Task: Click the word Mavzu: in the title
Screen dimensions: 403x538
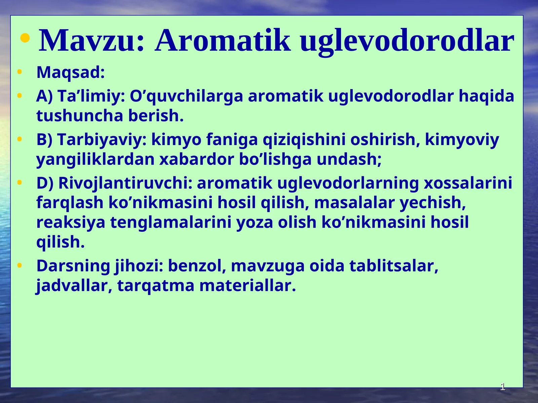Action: coord(92,41)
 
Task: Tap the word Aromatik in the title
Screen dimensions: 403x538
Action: coord(223,41)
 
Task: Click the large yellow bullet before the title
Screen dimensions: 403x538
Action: coord(25,38)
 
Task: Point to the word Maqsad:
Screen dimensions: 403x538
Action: coord(71,73)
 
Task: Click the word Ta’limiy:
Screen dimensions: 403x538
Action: coord(91,96)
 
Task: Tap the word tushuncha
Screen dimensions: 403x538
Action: coord(80,116)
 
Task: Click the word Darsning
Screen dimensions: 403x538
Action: coord(73,266)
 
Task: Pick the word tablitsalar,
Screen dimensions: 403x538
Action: coord(394,266)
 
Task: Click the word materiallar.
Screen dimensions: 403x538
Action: coord(247,286)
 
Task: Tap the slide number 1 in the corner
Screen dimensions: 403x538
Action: coord(503,387)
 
